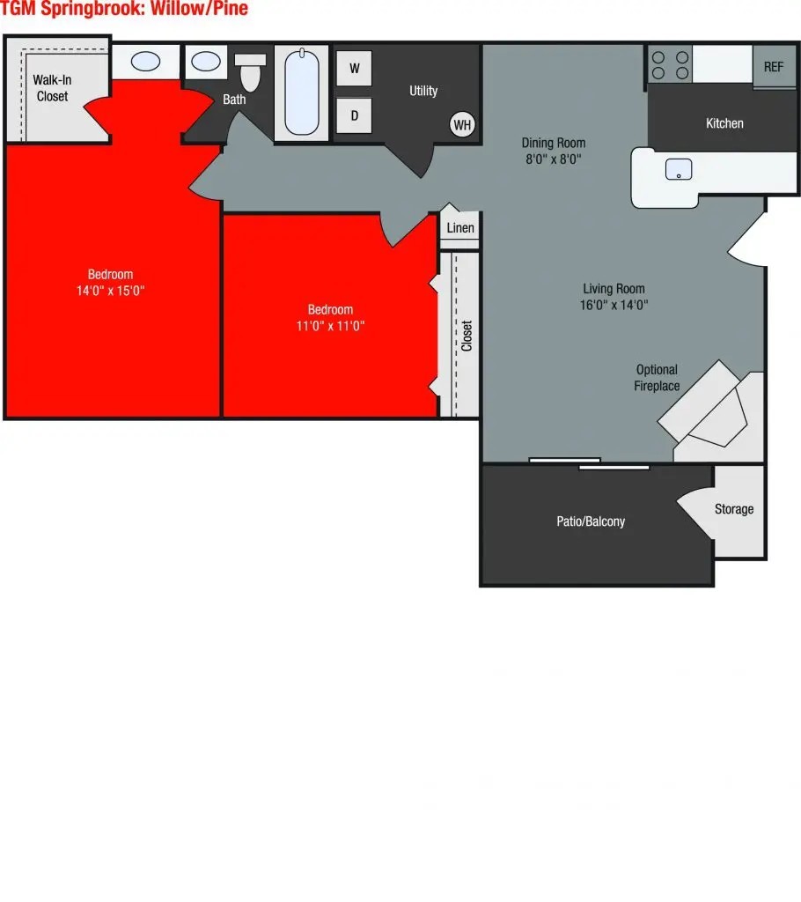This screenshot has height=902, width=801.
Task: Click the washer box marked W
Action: click(354, 68)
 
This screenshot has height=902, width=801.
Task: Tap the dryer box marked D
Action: click(354, 115)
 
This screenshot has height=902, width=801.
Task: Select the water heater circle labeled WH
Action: click(462, 124)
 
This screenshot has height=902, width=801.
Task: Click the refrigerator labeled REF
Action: click(774, 66)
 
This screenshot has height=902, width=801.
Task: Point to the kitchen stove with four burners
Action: click(670, 63)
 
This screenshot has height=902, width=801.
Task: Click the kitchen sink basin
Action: click(679, 169)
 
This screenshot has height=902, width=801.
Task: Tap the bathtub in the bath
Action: click(301, 92)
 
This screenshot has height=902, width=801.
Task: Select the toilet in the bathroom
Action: click(252, 72)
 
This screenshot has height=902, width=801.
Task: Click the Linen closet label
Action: click(460, 228)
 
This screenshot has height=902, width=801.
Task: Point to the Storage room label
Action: click(734, 509)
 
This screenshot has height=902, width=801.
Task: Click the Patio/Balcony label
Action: click(591, 521)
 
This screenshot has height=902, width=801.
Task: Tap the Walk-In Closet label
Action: click(52, 88)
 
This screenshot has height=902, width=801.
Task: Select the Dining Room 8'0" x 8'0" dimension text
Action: click(553, 159)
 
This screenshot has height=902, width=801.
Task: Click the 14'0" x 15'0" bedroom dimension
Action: click(110, 290)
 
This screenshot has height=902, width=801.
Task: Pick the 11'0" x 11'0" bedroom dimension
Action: click(330, 325)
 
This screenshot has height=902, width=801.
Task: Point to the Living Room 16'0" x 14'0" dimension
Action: click(614, 305)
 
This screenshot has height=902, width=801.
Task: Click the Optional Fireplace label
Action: click(657, 378)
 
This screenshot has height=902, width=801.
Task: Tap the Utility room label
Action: click(423, 91)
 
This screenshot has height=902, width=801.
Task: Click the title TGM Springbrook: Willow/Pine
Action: click(124, 10)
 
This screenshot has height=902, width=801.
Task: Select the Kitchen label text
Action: click(724, 123)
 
